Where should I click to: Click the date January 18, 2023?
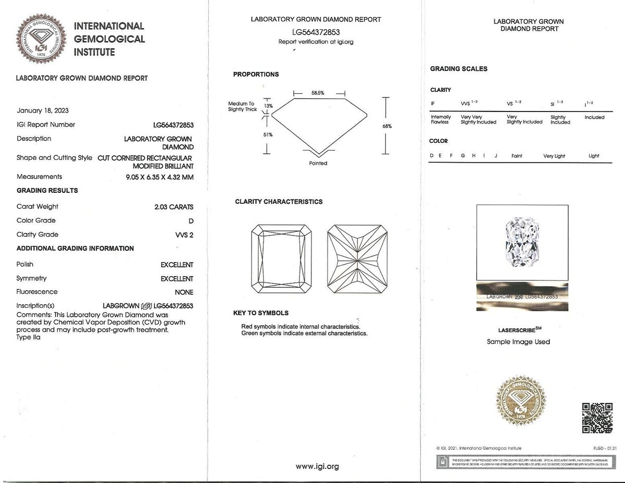pyautogui.click(x=43, y=110)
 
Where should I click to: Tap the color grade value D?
pyautogui.click(x=191, y=221)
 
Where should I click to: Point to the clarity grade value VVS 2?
pyautogui.click(x=184, y=235)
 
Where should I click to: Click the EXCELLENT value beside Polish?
pyautogui.click(x=177, y=265)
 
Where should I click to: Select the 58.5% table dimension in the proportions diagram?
pyautogui.click(x=318, y=93)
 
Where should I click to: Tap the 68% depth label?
pyautogui.click(x=387, y=126)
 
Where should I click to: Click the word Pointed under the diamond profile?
pyautogui.click(x=318, y=164)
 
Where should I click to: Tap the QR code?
pyautogui.click(x=597, y=418)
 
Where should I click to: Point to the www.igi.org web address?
pyautogui.click(x=317, y=467)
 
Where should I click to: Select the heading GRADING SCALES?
pyautogui.click(x=458, y=69)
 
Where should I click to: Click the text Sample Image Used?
pyautogui.click(x=518, y=342)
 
